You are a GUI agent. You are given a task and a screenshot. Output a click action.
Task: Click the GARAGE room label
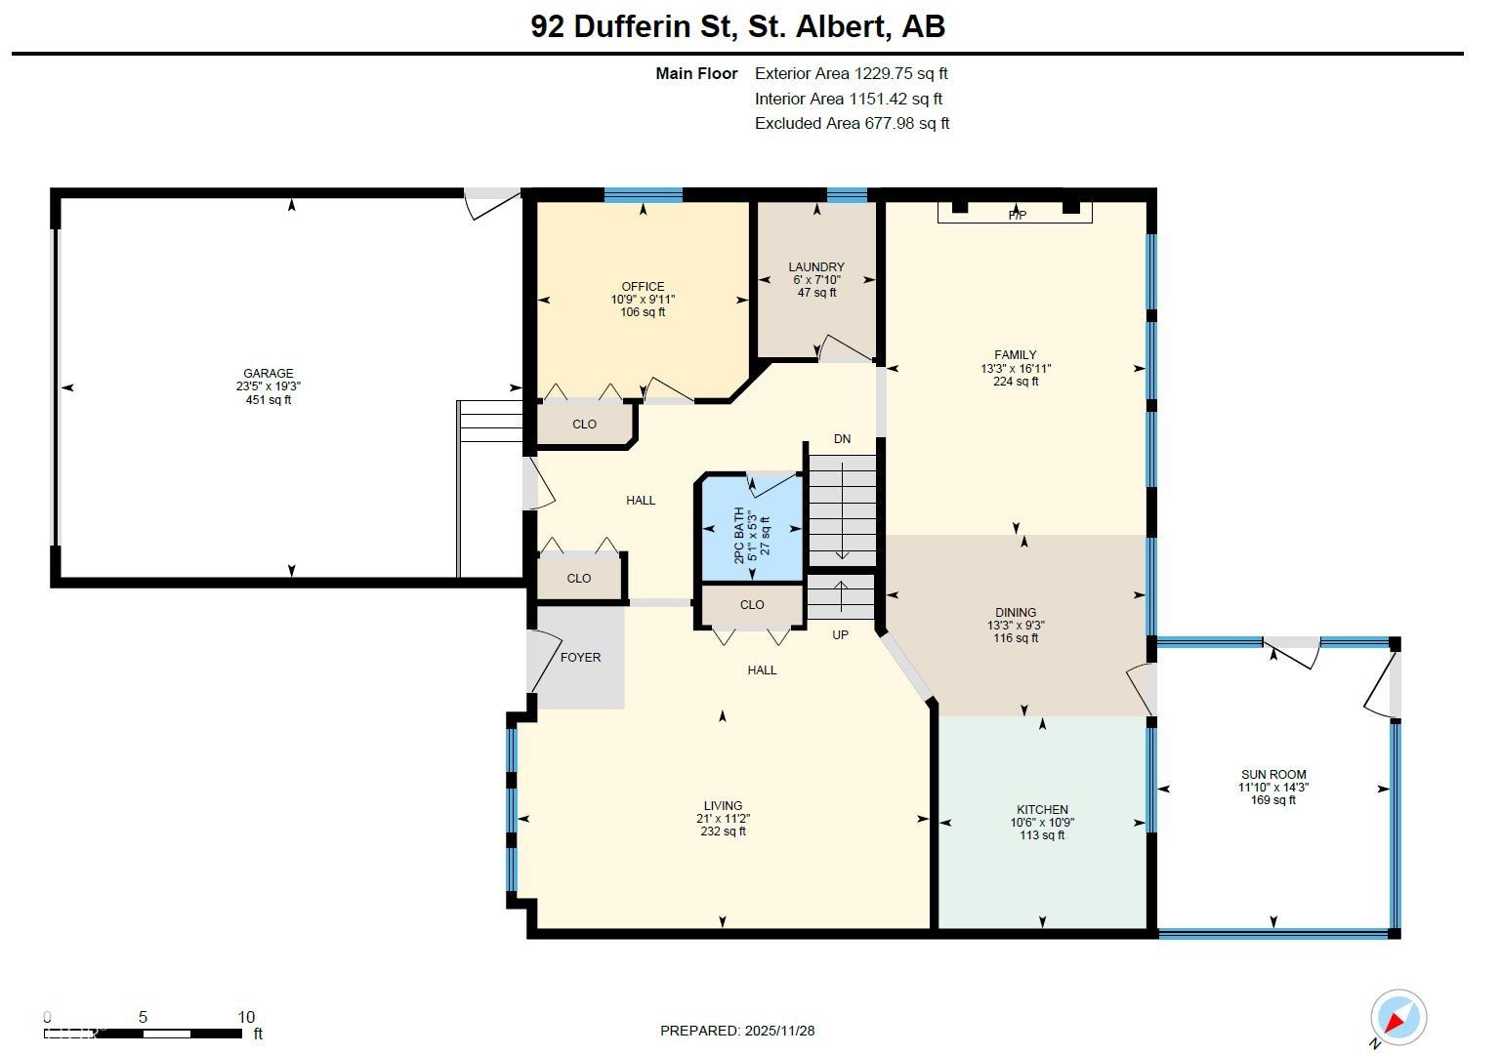click(268, 373)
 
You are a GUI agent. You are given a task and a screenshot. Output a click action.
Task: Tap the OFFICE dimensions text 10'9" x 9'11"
click(643, 300)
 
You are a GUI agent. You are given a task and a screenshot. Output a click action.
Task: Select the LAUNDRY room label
click(816, 266)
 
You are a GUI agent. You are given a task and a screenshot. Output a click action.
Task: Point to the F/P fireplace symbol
click(1016, 213)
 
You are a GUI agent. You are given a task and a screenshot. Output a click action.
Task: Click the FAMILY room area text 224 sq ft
click(1016, 382)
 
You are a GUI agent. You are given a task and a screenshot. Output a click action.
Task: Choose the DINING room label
click(1016, 613)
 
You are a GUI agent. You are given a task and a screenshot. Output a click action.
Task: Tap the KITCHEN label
click(1042, 809)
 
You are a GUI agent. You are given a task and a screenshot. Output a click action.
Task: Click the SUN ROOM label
click(1273, 775)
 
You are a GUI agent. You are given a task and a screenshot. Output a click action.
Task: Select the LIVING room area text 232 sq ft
click(723, 832)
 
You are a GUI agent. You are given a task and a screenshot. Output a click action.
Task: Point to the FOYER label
click(580, 657)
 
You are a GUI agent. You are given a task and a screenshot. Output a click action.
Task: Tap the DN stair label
click(842, 439)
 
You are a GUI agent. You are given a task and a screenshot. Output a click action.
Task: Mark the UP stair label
click(840, 634)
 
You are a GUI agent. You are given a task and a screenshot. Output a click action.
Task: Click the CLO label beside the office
click(584, 424)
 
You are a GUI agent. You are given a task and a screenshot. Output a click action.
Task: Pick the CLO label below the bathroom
click(752, 604)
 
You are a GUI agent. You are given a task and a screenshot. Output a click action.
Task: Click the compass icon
click(1397, 1017)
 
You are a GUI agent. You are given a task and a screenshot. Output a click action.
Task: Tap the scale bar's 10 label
click(245, 1017)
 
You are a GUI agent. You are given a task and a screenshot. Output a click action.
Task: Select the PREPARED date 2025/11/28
click(779, 1031)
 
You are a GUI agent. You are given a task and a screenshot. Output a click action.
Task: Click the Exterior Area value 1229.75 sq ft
click(900, 73)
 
